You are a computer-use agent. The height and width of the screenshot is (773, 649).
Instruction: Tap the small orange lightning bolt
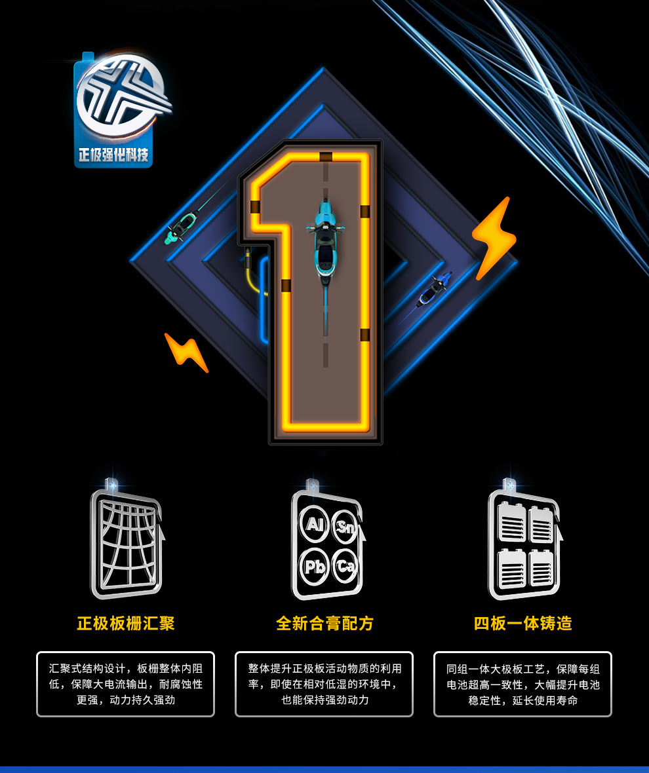click(186, 352)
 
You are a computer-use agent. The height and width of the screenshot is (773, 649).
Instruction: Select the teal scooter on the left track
click(181, 228)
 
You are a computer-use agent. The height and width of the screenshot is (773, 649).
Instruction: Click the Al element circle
click(314, 524)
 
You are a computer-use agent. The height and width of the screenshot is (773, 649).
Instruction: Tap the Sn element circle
click(345, 527)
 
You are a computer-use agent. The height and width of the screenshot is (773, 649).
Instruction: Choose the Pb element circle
click(314, 567)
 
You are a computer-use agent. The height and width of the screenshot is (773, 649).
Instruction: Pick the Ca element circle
click(345, 566)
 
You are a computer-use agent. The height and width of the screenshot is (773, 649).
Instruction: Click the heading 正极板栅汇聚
click(126, 624)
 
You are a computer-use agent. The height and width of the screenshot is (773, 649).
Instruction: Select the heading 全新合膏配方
click(324, 624)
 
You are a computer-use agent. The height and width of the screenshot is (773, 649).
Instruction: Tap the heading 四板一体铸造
click(522, 624)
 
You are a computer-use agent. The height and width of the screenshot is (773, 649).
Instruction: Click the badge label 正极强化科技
click(113, 155)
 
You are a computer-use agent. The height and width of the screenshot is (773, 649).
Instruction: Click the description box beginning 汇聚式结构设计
click(126, 685)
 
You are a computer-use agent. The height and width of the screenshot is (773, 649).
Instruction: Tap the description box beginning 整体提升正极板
click(324, 685)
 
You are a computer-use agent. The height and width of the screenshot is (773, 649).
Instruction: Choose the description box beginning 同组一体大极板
click(522, 685)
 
